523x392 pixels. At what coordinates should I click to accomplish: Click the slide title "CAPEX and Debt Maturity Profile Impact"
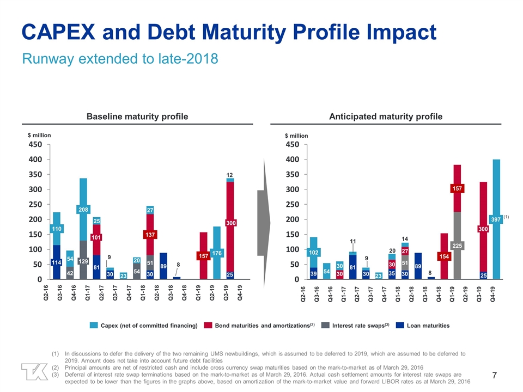click(229, 33)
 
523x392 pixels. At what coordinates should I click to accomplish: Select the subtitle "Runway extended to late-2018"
click(120, 58)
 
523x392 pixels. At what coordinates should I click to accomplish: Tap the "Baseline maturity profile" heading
click(138, 117)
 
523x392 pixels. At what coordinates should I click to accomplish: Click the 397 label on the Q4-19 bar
click(496, 219)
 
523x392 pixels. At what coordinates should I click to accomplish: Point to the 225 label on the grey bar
click(457, 246)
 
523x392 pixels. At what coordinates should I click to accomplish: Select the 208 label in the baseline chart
click(83, 210)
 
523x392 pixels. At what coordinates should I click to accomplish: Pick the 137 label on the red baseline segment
click(149, 235)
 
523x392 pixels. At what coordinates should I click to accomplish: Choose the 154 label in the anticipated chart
click(443, 256)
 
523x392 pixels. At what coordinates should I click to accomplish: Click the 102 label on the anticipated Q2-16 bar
click(313, 253)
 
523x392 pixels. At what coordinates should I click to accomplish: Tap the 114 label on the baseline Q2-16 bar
click(57, 262)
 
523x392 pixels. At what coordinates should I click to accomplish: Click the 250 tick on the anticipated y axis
click(292, 204)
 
